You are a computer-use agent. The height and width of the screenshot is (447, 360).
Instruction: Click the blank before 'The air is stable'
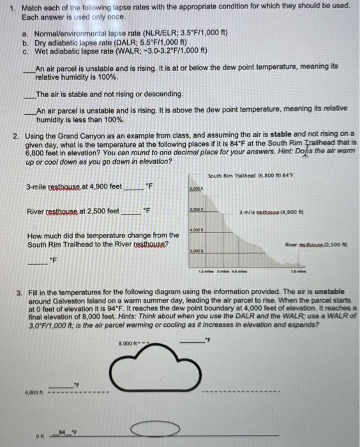(x=29, y=94)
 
